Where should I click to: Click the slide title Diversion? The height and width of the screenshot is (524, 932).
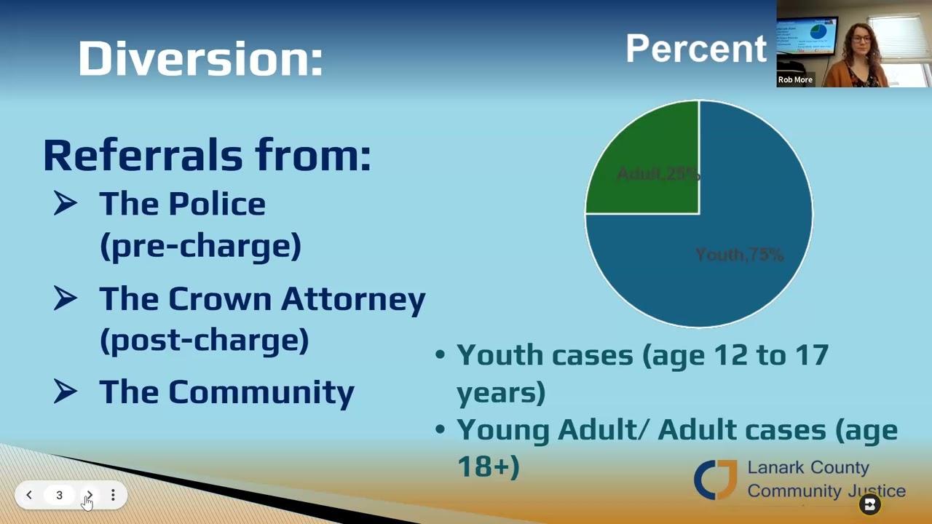point(200,58)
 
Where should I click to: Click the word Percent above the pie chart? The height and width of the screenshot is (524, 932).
point(695,49)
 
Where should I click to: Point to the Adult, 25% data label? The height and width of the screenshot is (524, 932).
point(658,175)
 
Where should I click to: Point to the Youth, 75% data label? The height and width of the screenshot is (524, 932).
point(739,255)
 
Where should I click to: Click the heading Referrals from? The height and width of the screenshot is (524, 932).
point(207,155)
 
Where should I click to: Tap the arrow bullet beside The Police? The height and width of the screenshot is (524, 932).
point(66,204)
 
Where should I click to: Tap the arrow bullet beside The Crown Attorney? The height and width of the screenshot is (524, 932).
point(66,298)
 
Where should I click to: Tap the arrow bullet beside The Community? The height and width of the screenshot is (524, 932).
point(66,392)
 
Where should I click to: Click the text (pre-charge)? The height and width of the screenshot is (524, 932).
point(200,246)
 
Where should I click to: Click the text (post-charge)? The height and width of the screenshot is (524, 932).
point(204,340)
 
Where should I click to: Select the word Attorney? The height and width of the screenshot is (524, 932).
point(353,299)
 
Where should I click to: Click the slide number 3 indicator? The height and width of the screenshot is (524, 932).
point(59,495)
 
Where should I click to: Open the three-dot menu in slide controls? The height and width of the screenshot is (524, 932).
point(113,495)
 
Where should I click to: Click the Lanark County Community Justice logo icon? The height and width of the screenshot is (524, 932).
point(716,480)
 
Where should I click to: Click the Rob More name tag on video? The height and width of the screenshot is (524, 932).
point(795,80)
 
